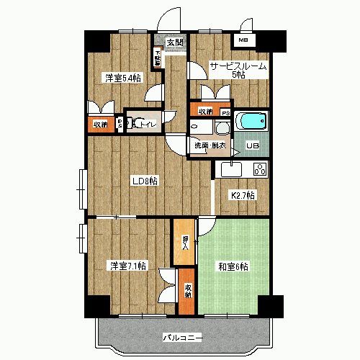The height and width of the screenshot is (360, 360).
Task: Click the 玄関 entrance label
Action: coord(174,42)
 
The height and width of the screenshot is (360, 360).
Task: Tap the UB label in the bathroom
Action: coord(253,146)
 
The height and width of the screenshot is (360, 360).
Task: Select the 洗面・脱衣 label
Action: coord(208,146)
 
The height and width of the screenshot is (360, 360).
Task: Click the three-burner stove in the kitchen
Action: coord(258,170)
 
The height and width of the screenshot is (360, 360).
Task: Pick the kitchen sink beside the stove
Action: coord(231,170)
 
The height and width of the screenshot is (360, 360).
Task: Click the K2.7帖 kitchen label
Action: coord(242,196)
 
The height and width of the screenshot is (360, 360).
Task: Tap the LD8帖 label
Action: coord(144,181)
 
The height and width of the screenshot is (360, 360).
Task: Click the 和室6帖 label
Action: coord(233,266)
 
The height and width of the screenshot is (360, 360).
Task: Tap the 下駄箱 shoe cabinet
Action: coord(156,57)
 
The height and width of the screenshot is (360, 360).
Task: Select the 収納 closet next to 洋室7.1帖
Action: coord(186,291)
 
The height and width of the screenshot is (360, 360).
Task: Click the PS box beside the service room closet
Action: coord(225,112)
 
